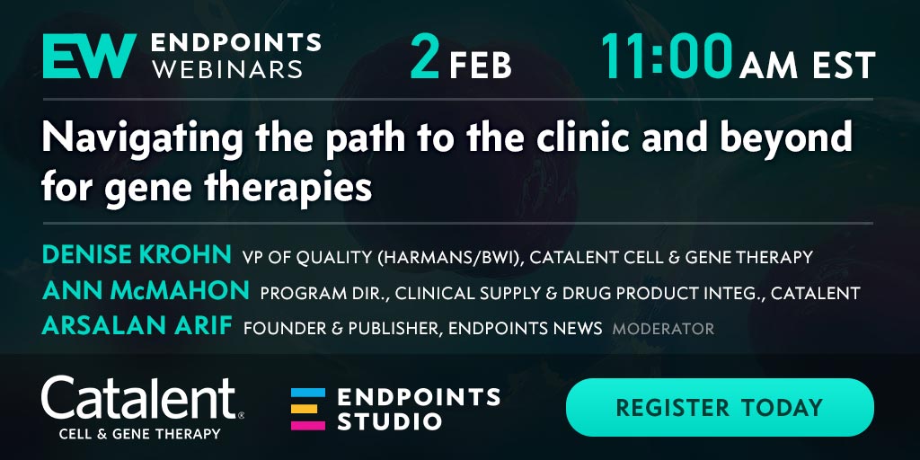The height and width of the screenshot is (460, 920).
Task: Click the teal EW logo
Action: [x=89, y=57]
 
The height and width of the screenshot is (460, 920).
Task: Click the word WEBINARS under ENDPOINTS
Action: [x=227, y=69]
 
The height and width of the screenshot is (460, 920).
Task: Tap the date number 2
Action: [x=425, y=57]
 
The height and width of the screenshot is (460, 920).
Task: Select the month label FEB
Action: [x=481, y=66]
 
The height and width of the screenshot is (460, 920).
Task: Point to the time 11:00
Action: [x=666, y=57]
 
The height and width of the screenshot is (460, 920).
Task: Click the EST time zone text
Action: [x=844, y=66]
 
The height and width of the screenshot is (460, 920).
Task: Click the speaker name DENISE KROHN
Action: [x=137, y=255]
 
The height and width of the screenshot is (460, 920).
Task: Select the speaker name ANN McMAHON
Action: [x=146, y=291]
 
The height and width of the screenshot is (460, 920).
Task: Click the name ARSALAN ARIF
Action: [x=137, y=327]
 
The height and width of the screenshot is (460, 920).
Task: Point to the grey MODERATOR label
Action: [x=663, y=329]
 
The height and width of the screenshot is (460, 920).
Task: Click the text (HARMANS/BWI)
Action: [x=450, y=257]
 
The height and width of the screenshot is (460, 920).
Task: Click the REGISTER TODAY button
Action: [x=720, y=407]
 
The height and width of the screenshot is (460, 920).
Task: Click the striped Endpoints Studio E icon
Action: [x=307, y=409]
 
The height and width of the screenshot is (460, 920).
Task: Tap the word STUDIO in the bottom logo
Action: [x=389, y=420]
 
